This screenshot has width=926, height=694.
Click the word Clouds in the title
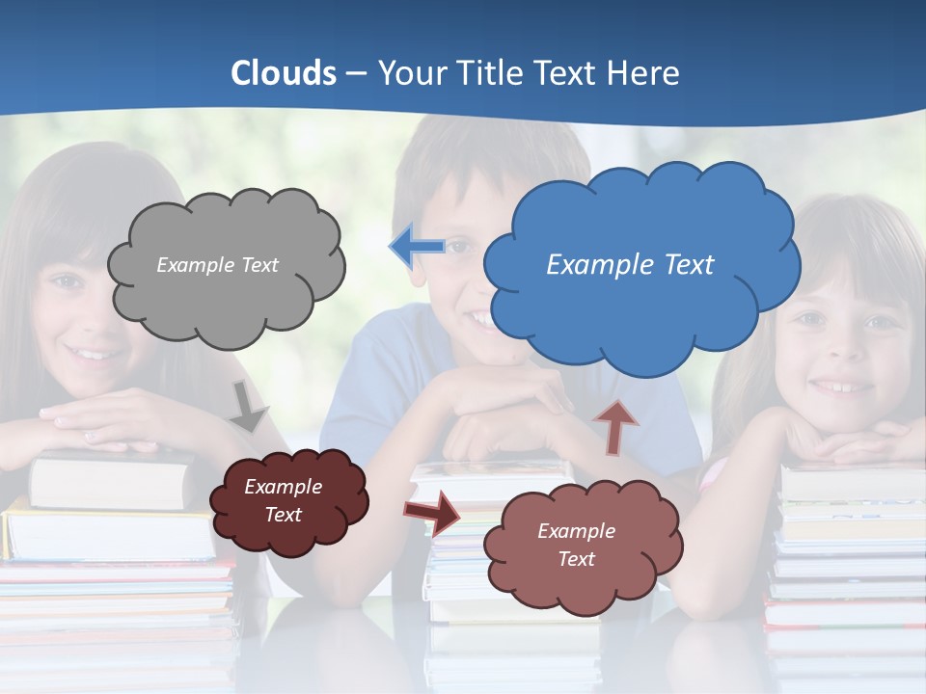pyautogui.click(x=284, y=73)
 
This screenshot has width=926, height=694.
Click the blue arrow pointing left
pyautogui.click(x=418, y=247)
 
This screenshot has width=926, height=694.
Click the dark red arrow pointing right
pyautogui.click(x=433, y=511)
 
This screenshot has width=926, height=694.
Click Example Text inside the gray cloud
pyautogui.click(x=217, y=265)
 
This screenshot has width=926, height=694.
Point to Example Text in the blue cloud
pyautogui.click(x=630, y=265)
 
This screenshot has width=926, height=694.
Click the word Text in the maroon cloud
pyautogui.click(x=283, y=515)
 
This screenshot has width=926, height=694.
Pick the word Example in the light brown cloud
pyautogui.click(x=576, y=531)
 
